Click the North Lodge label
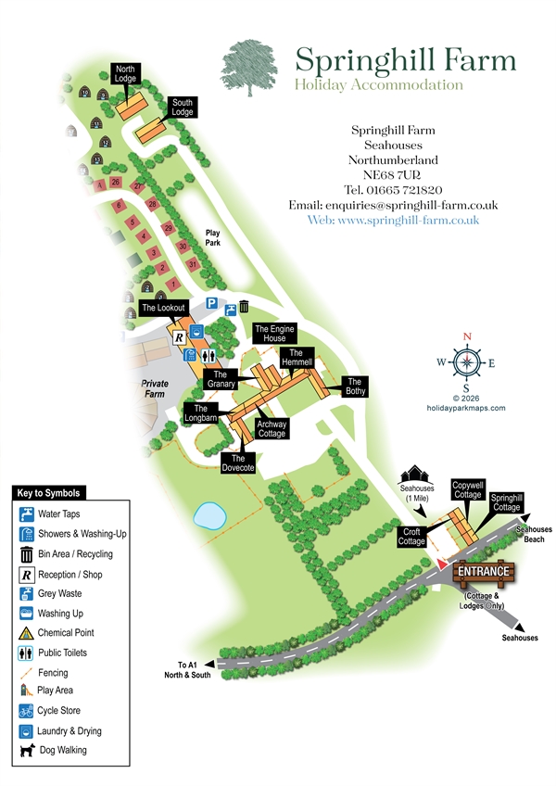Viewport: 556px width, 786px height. click(125, 73)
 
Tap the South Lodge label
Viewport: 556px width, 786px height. click(182, 107)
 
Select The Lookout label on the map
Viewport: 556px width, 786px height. click(164, 307)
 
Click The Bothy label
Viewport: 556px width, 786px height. click(355, 386)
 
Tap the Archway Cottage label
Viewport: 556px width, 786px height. click(272, 428)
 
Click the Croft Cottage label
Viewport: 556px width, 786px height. click(411, 537)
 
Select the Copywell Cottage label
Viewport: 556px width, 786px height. click(467, 489)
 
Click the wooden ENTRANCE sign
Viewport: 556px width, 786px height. click(482, 572)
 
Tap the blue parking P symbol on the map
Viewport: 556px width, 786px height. click(211, 303)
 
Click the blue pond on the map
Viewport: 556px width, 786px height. click(212, 514)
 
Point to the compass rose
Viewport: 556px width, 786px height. click(467, 362)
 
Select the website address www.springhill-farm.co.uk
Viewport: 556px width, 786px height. click(393, 221)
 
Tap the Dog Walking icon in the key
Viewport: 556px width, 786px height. click(27, 750)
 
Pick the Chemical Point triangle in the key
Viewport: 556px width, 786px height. click(27, 633)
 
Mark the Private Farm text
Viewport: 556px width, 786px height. click(155, 388)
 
